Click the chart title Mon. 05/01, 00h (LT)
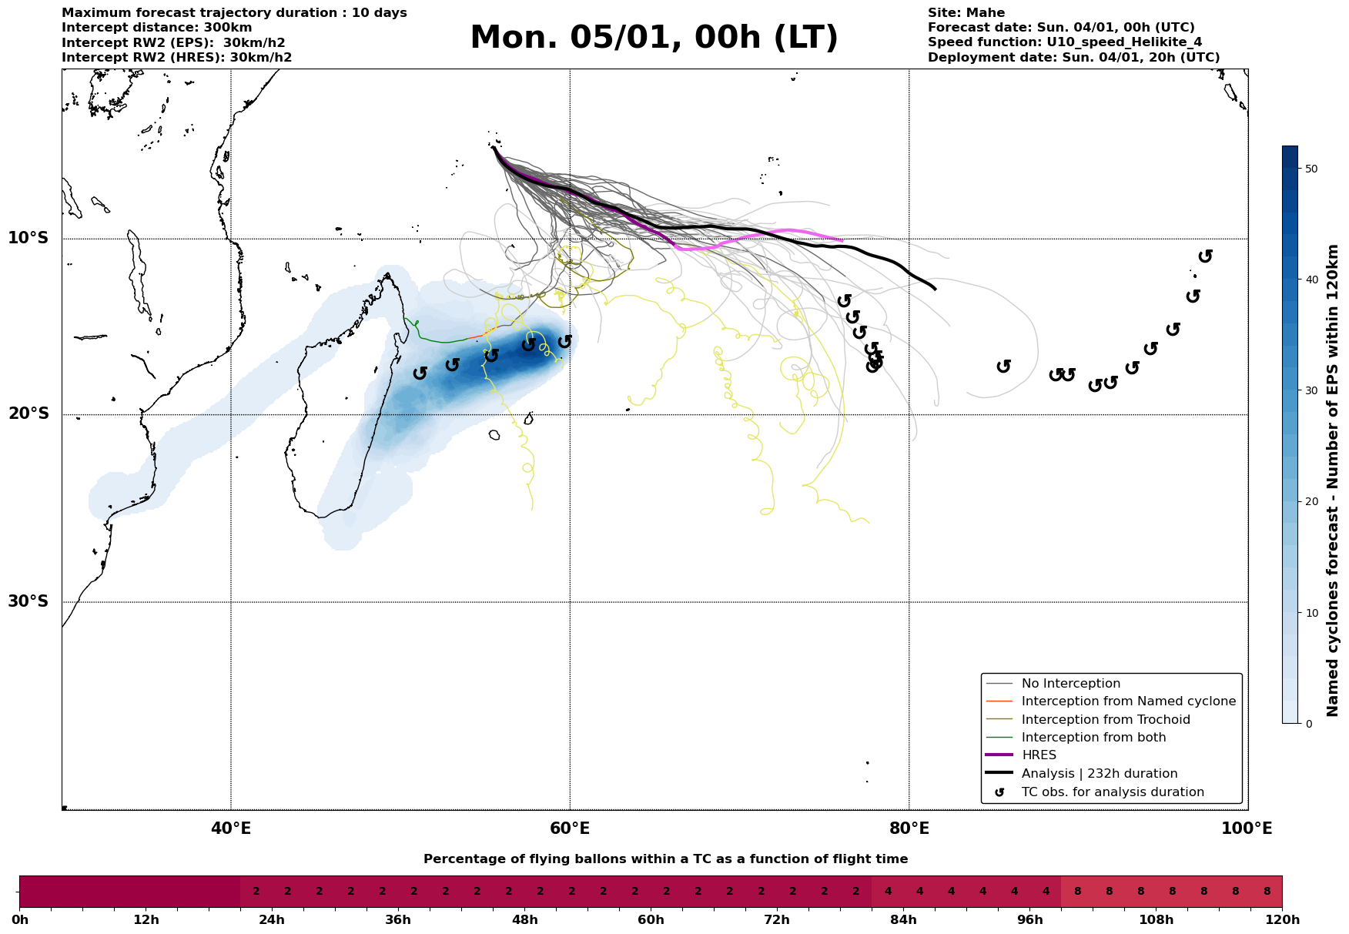pyautogui.click(x=654, y=38)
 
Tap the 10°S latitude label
pyautogui.click(x=28, y=238)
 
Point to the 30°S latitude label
pyautogui.click(x=28, y=601)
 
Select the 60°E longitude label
pyautogui.click(x=570, y=829)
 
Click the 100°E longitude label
pyautogui.click(x=1247, y=829)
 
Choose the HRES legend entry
pyautogui.click(x=1039, y=755)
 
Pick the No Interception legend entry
pyautogui.click(x=1070, y=684)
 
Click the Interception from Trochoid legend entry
pyautogui.click(x=1105, y=720)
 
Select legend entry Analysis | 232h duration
pyautogui.click(x=1099, y=774)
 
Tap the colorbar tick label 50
pyautogui.click(x=1312, y=169)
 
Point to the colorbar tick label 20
pyautogui.click(x=1312, y=502)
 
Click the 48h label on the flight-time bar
pyautogui.click(x=524, y=920)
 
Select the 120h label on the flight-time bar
pyautogui.click(x=1282, y=920)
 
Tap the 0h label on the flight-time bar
pyautogui.click(x=20, y=920)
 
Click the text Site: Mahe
pyautogui.click(x=966, y=13)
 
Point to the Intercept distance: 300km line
pyautogui.click(x=156, y=28)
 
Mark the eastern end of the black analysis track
pyautogui.click(x=935, y=289)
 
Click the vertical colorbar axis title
pyautogui.click(x=1333, y=480)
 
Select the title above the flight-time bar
pyautogui.click(x=665, y=859)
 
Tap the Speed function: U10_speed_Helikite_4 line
pyautogui.click(x=1064, y=42)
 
